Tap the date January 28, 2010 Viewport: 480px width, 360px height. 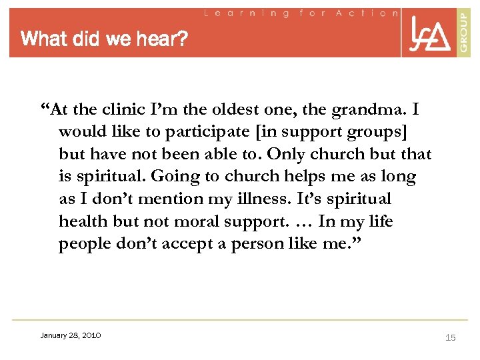point(70,335)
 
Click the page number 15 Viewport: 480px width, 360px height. point(450,338)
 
